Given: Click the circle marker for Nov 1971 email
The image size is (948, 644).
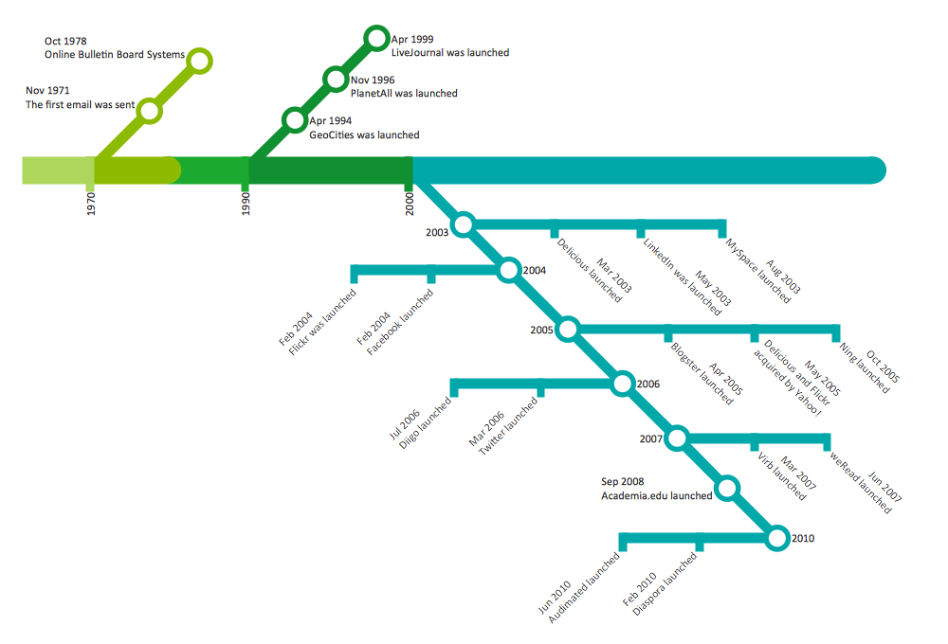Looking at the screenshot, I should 149,111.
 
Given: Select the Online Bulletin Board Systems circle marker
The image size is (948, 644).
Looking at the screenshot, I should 198,62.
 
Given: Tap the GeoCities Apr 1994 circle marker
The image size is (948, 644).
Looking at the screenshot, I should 295,120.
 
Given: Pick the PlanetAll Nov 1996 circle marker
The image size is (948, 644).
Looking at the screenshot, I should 335,79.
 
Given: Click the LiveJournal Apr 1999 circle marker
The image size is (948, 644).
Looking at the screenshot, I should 376,38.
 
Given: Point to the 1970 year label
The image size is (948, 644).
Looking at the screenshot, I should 91,205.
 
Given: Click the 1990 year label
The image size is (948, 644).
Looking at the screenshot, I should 246,205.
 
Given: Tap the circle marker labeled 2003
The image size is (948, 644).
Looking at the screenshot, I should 463,224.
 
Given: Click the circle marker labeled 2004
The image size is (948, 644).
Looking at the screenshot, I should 509,270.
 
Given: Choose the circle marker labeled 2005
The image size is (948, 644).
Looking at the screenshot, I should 567,329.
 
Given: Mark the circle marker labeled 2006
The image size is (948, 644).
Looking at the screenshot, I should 622,384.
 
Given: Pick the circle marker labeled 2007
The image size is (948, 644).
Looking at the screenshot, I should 677,438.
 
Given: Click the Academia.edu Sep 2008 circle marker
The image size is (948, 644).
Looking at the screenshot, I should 727,488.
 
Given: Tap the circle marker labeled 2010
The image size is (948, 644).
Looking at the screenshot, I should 777,538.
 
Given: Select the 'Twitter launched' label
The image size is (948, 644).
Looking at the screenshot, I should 508,427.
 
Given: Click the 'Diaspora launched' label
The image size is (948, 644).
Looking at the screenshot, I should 665,586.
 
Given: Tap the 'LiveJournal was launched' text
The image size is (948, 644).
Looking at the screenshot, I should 450,53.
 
